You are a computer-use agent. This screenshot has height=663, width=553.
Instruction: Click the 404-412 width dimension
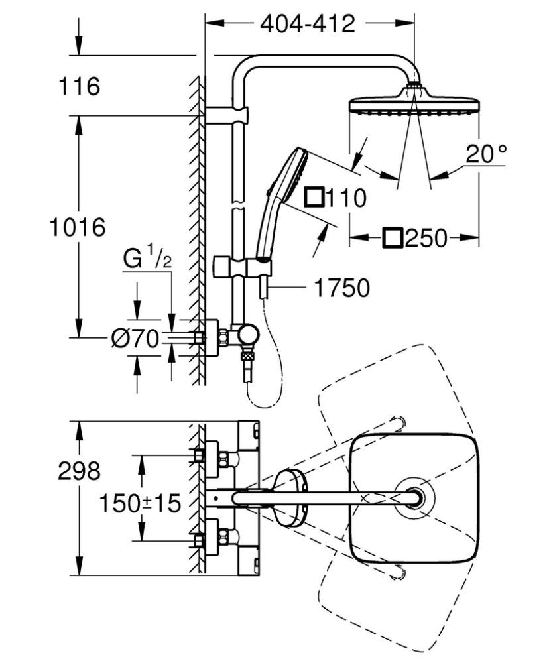(308, 24)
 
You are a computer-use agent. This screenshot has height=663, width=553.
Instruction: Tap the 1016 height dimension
(78, 227)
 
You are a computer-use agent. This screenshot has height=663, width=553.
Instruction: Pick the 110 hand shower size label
(345, 198)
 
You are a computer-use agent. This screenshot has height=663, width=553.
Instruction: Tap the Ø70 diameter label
(135, 339)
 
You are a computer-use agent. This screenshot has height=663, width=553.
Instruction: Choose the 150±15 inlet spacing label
(140, 503)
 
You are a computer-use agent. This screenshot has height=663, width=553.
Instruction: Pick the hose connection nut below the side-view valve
(249, 358)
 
